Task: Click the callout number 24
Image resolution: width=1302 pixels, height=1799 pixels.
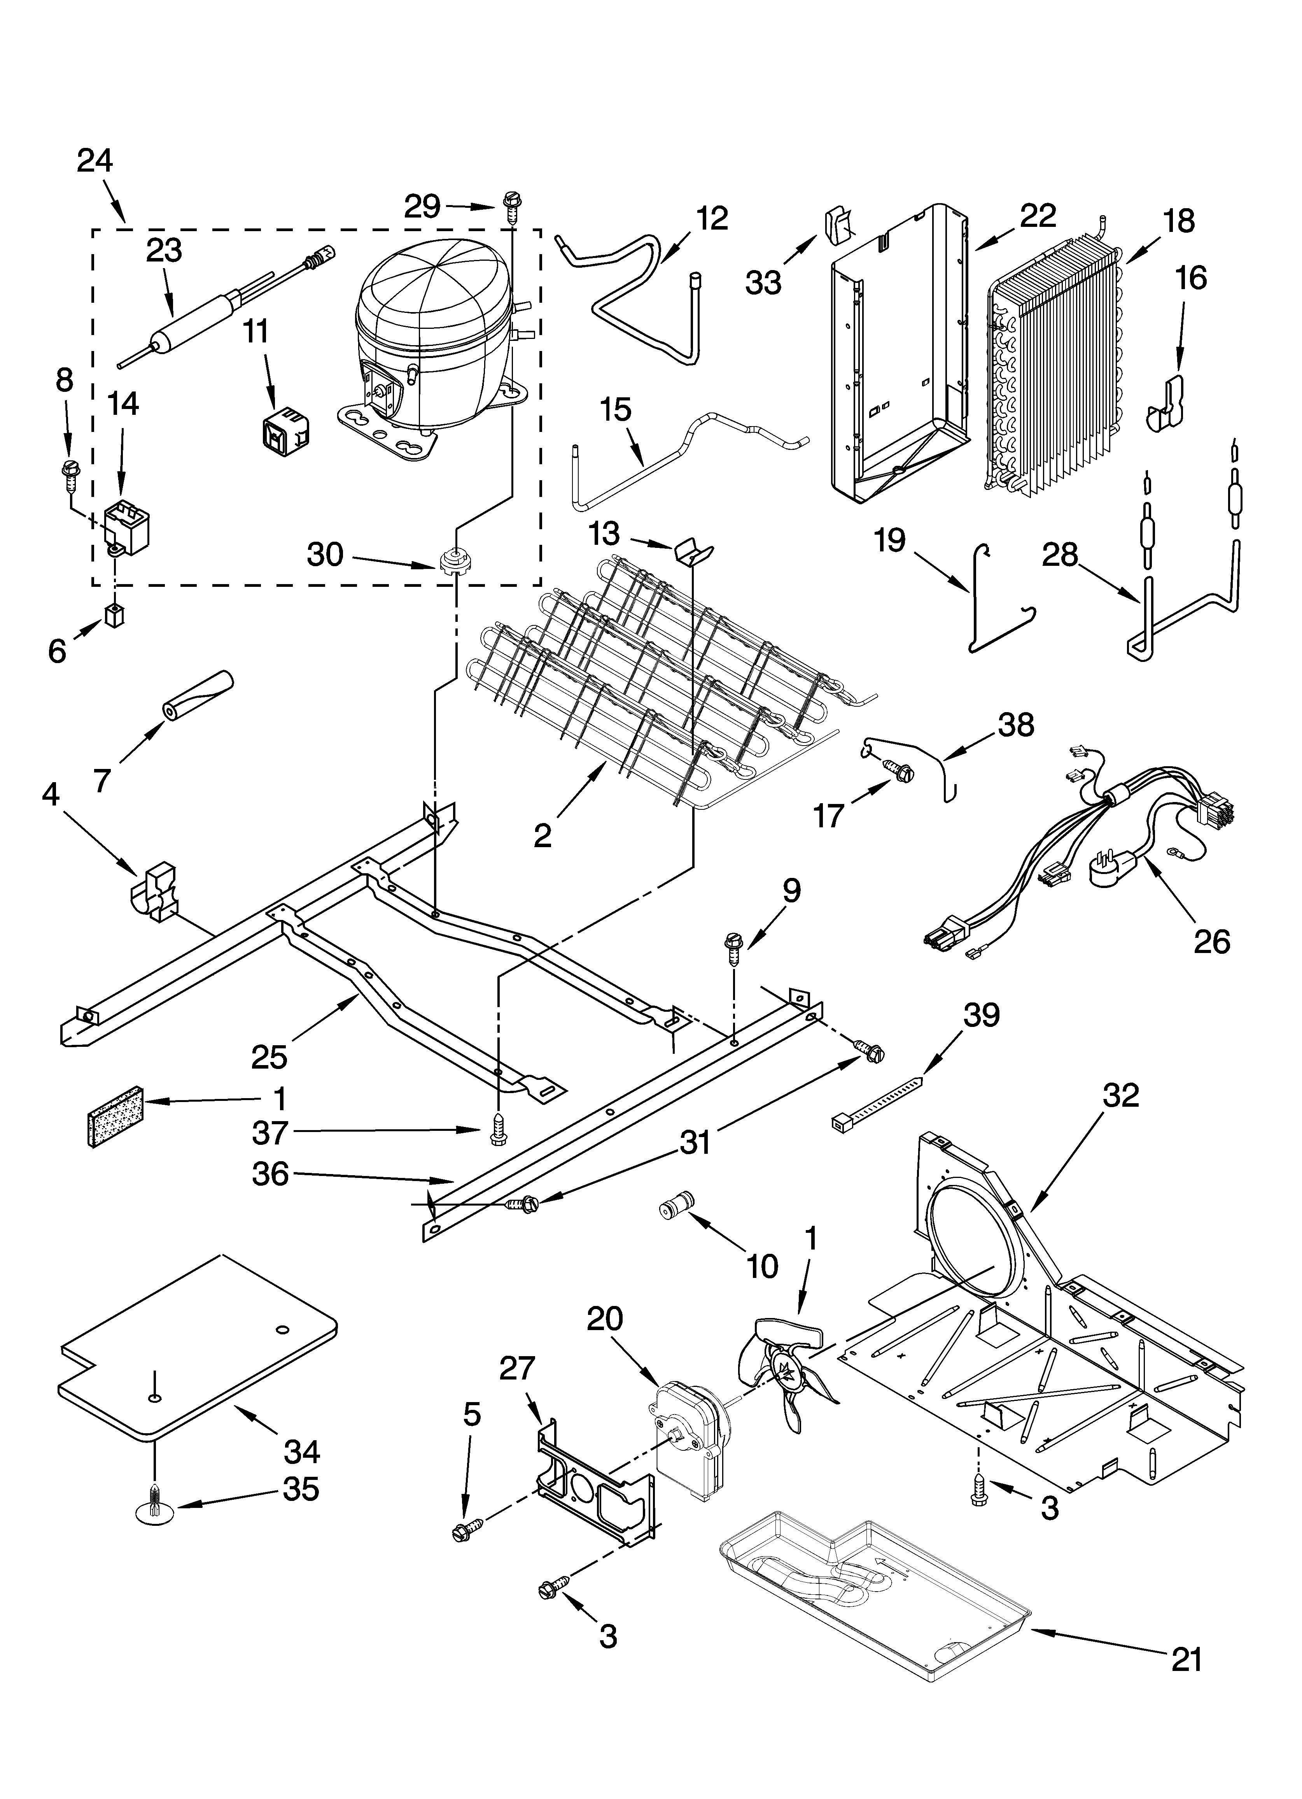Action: [95, 161]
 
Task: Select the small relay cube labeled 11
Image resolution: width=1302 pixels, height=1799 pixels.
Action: [285, 430]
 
